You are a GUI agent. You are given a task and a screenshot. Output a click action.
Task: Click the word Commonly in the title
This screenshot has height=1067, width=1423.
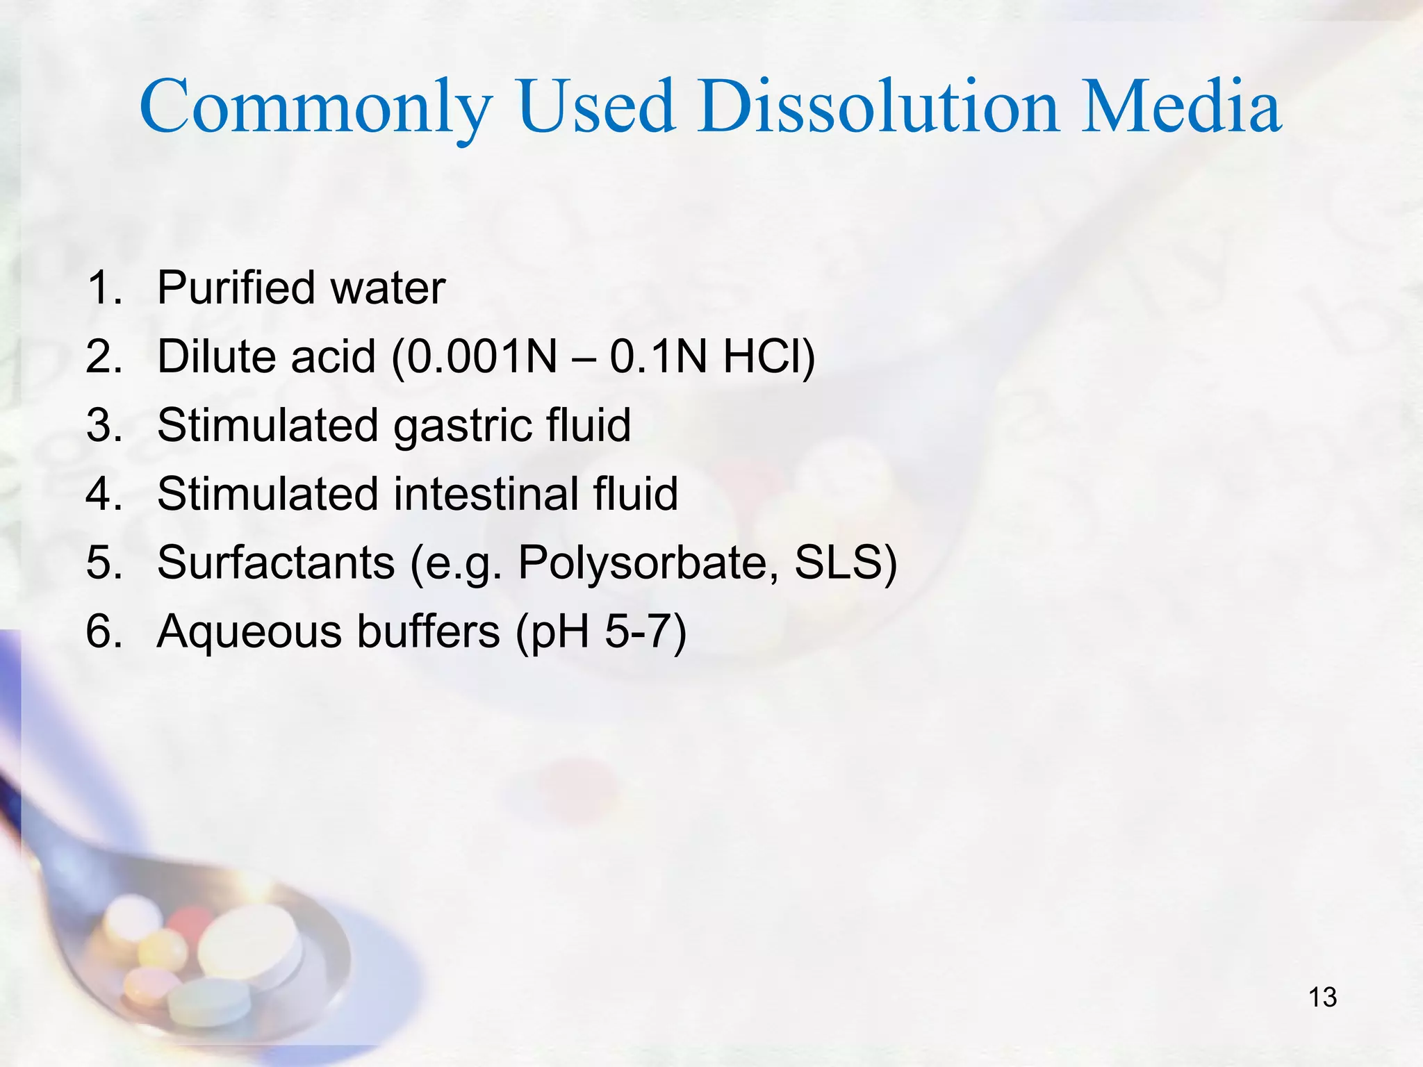pos(316,108)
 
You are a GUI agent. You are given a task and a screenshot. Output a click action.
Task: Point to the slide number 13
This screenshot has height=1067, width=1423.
pos(1322,998)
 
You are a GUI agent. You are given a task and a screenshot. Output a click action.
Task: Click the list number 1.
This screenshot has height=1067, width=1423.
pos(103,288)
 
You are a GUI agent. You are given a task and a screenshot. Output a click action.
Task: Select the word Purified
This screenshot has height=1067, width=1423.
pos(233,288)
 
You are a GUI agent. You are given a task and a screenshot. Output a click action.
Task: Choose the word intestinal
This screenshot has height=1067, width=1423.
pos(486,494)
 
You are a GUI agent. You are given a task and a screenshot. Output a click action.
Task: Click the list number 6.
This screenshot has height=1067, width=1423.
pos(103,632)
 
